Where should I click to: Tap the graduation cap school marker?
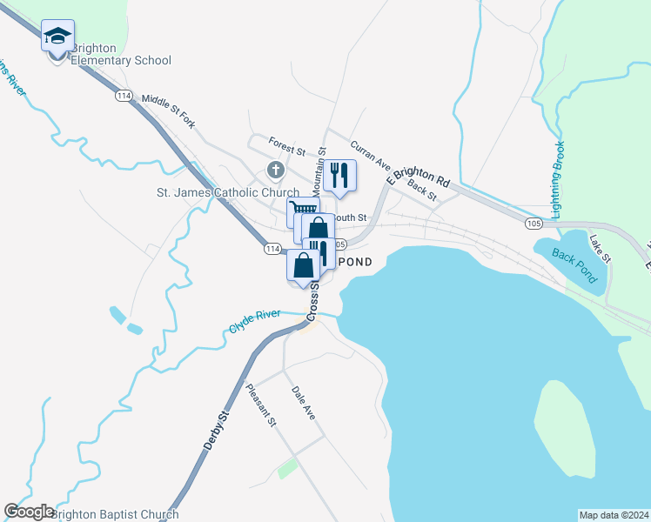click(57, 37)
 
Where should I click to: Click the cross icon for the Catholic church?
click(275, 171)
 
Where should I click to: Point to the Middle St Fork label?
click(168, 111)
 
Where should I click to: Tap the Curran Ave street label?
click(370, 154)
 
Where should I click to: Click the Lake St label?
click(601, 250)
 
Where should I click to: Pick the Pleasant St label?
click(261, 405)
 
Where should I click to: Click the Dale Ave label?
click(303, 403)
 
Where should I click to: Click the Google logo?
click(29, 512)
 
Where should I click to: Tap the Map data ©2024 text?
click(614, 514)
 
